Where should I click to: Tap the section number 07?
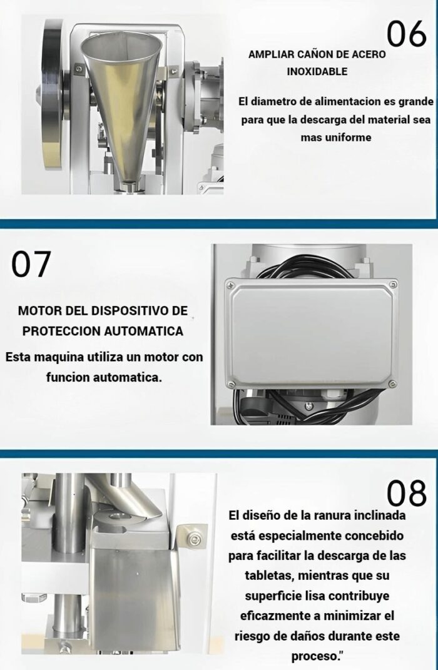31,264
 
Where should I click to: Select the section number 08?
406,493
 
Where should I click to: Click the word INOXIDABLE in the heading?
317,71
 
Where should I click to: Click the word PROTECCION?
61,331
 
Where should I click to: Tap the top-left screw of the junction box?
231,285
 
